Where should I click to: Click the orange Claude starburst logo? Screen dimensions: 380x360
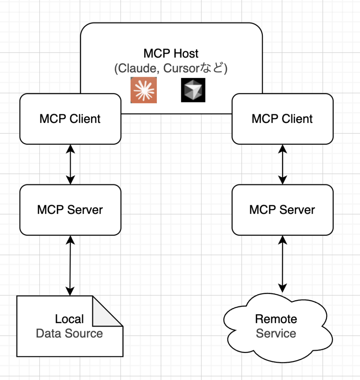143,90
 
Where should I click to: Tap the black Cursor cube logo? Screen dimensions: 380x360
193,90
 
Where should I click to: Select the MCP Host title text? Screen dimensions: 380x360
171,53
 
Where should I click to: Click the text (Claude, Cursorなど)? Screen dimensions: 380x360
171,69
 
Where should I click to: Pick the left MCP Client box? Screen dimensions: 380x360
70,119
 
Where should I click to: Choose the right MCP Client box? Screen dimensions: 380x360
283,119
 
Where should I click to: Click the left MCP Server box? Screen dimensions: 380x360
70,210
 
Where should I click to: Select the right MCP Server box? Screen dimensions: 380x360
283,210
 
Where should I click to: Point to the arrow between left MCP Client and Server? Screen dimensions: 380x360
70,164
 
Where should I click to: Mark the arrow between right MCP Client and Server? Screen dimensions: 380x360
283,164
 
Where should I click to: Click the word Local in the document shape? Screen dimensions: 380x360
69,319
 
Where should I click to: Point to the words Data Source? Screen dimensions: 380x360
69,333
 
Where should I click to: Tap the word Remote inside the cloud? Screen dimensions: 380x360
276,319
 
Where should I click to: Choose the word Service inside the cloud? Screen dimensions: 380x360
276,333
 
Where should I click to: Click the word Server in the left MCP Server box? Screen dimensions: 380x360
85,210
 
